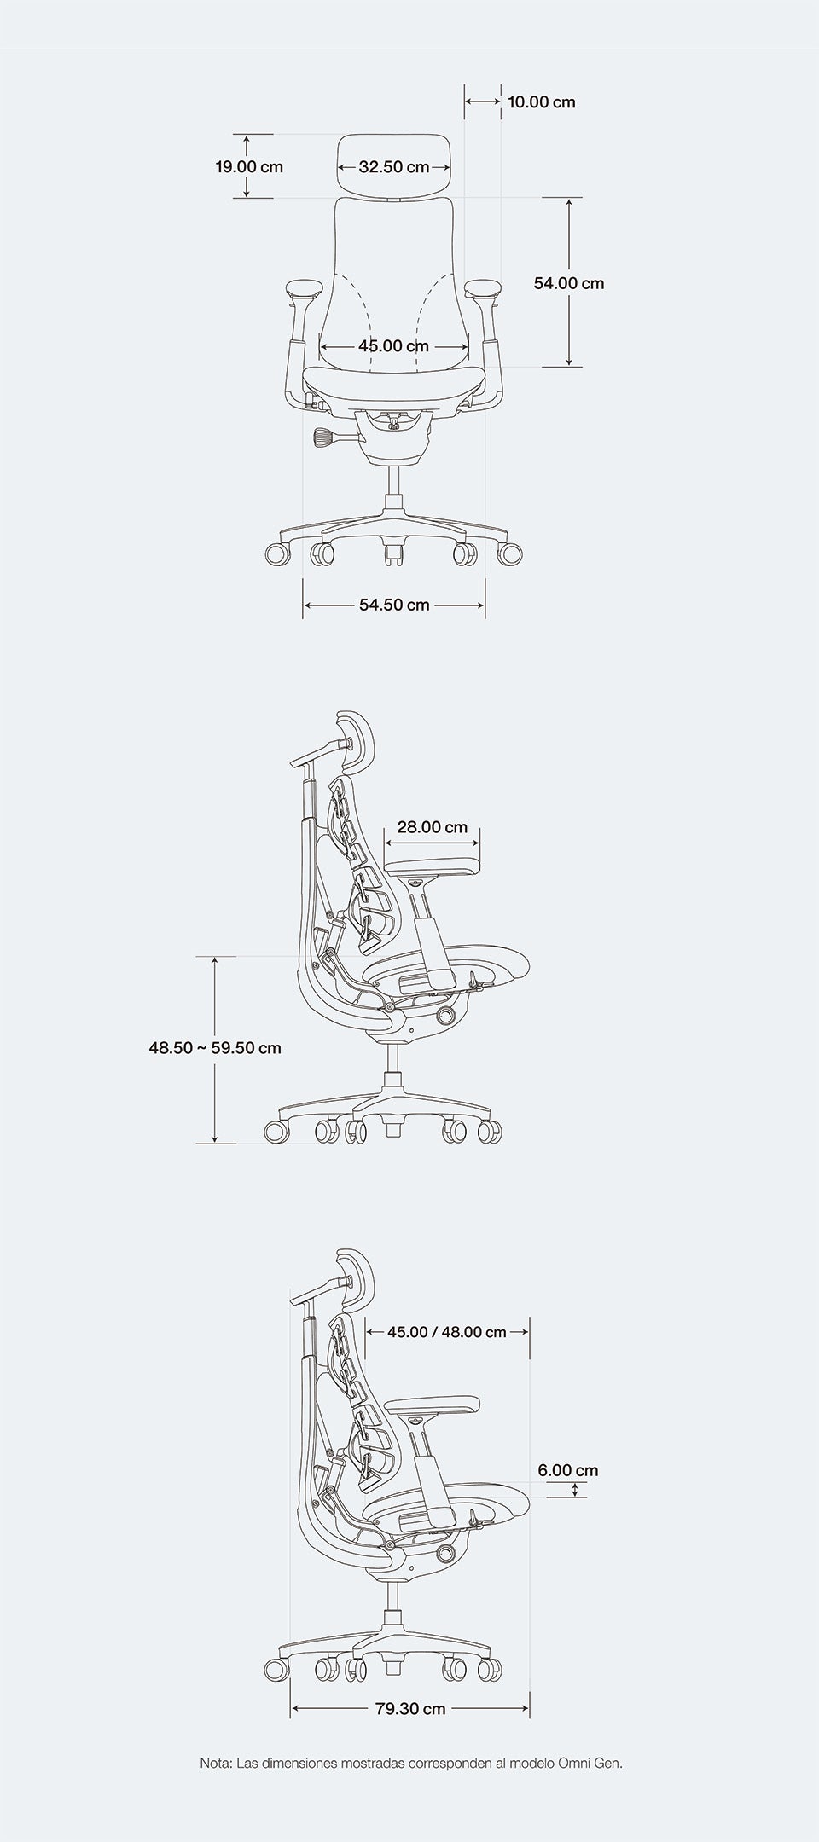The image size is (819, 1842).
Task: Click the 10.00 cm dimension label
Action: point(541,102)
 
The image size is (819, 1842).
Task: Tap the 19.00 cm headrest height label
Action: point(248,166)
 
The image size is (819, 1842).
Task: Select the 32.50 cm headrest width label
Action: point(393,166)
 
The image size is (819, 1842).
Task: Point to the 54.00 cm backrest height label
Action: point(569,283)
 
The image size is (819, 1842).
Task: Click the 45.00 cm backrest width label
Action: point(393,346)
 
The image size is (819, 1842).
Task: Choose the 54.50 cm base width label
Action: point(394,605)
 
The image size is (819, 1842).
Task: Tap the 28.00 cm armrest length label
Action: point(432,827)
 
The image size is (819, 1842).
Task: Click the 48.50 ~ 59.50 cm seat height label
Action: point(215,1047)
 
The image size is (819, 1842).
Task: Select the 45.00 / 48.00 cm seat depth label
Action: point(447,1332)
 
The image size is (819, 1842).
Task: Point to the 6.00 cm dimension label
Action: point(568,1470)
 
